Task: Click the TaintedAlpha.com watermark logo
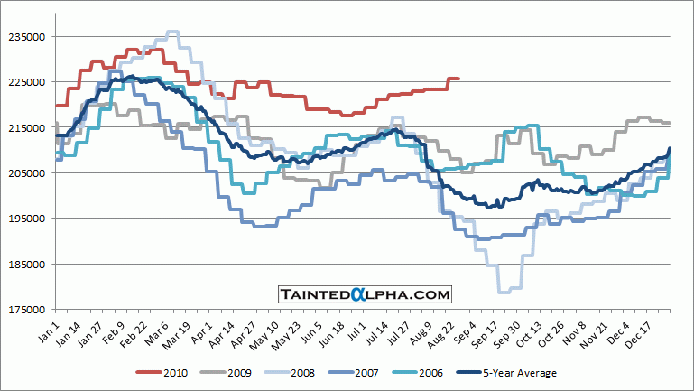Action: click(x=364, y=294)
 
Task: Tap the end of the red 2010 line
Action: click(x=458, y=79)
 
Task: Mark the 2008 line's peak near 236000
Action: click(x=172, y=32)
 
